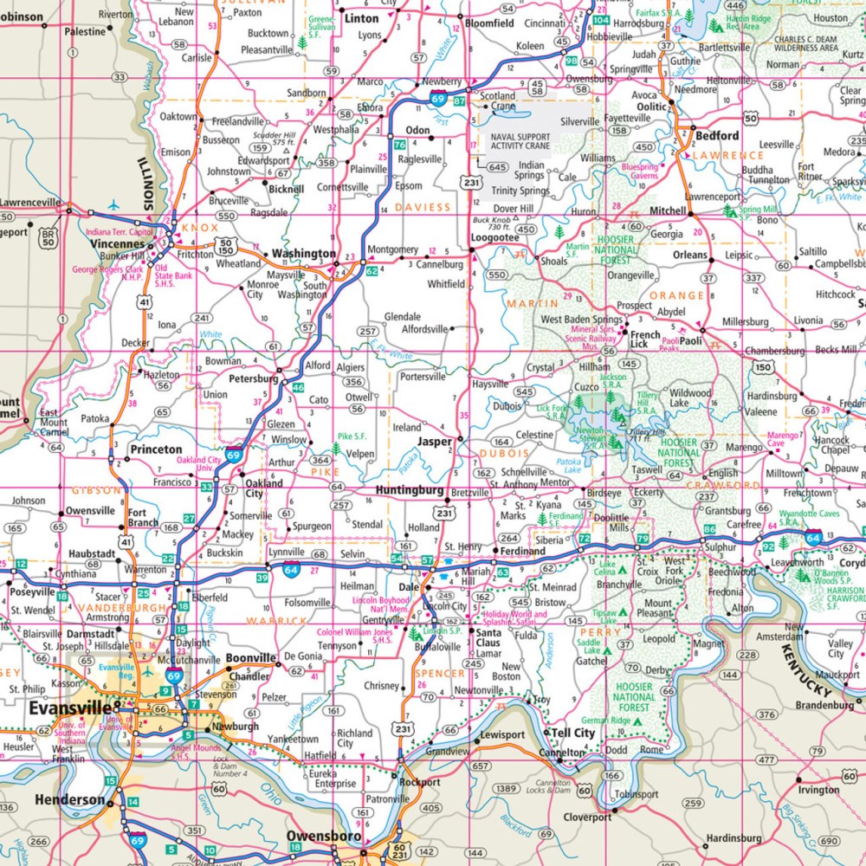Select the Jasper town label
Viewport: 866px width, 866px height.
coord(435,441)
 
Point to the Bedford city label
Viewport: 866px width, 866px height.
coord(717,135)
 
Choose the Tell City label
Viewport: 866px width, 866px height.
coord(573,733)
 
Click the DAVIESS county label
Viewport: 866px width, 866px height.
coord(423,207)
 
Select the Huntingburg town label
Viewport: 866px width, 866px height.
coord(410,490)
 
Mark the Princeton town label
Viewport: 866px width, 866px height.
coord(156,449)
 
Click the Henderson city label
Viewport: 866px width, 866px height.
coord(69,800)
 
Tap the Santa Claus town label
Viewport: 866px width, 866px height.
coord(487,638)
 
